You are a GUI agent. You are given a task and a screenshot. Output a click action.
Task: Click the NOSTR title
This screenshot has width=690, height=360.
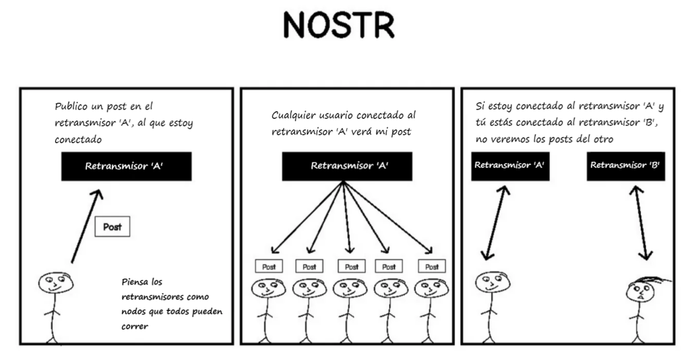[x=339, y=26]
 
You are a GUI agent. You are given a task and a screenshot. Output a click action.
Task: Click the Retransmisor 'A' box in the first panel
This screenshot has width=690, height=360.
[x=127, y=167]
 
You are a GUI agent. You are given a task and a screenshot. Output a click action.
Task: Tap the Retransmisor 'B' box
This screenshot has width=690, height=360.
[x=625, y=165]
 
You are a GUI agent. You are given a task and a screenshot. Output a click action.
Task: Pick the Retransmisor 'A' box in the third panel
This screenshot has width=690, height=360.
[x=510, y=165]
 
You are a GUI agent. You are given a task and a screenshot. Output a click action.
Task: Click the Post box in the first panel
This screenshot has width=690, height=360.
[x=113, y=227]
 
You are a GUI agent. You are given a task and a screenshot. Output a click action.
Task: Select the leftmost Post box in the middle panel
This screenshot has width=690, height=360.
[x=269, y=267]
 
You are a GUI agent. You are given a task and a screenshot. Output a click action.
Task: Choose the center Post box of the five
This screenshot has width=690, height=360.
[x=351, y=267]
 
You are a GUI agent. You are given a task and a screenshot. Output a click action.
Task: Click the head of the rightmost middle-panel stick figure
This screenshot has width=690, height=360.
[x=431, y=289]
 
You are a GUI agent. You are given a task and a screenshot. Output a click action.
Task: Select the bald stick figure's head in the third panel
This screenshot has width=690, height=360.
[x=491, y=284]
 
